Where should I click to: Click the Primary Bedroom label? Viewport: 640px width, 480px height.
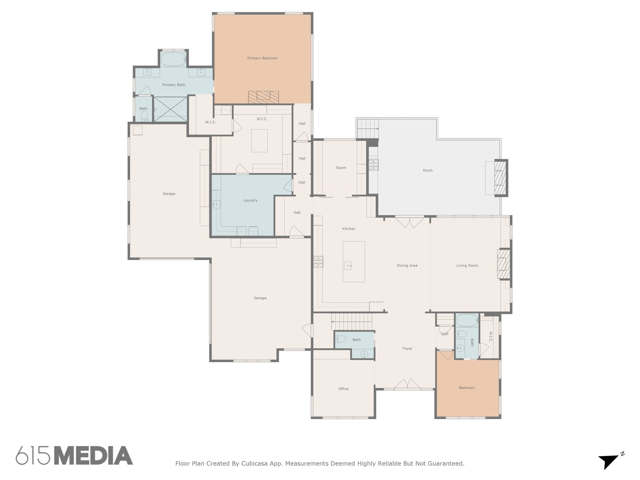tap(262, 58)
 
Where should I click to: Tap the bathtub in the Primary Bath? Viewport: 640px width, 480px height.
tap(173, 59)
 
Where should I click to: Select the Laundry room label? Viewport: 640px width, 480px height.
tap(250, 200)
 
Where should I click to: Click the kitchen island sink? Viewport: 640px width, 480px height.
tap(348, 266)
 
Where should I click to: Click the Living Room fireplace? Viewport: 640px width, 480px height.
tap(503, 264)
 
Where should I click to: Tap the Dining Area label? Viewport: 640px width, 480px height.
tap(407, 266)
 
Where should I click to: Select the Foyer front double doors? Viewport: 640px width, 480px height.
tap(407, 384)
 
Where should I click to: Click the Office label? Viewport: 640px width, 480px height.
tap(343, 389)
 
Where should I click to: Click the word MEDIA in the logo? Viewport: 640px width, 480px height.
tap(93, 456)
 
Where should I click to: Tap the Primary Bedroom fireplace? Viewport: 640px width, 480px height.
tap(263, 97)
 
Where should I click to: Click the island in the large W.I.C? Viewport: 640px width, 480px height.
tap(259, 141)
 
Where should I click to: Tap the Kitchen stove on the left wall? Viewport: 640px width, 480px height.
tap(318, 262)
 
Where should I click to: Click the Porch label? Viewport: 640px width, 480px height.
tap(428, 171)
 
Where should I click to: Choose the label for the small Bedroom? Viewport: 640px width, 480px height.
tap(467, 388)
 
